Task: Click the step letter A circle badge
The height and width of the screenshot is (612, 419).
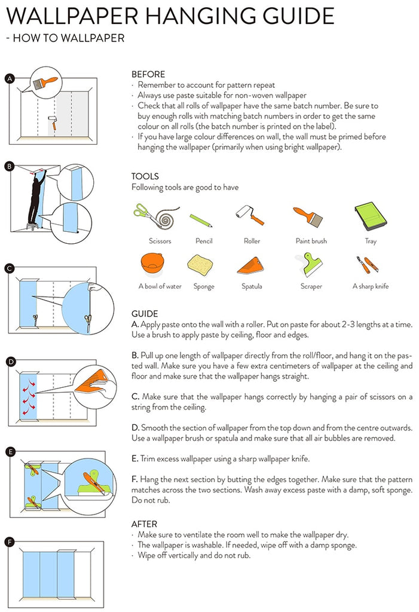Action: point(9,78)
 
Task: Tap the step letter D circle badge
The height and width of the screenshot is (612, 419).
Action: point(10,361)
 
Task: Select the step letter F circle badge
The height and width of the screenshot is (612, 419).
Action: point(9,542)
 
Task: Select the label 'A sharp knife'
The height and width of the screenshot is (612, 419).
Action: point(371,286)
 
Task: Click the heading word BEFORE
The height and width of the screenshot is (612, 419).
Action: point(148,75)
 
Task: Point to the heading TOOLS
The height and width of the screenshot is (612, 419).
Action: point(145,176)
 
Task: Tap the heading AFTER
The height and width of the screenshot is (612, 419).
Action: point(144,524)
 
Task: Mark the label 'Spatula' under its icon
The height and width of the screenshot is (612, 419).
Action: point(252,286)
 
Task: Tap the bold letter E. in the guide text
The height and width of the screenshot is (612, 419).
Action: point(134,459)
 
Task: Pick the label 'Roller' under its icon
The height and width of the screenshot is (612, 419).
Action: point(252,241)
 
